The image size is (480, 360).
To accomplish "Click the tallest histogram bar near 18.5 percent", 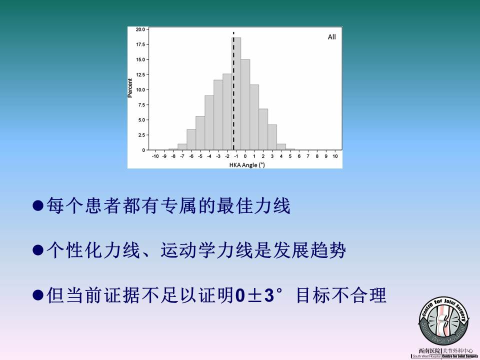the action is [x=236, y=93].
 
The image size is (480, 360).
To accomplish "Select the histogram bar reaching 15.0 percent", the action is [x=245, y=104].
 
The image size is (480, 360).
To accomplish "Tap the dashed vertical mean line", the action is [x=233, y=91].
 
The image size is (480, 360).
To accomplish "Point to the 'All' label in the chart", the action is [x=332, y=37].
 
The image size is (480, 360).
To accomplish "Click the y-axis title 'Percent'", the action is [x=130, y=88].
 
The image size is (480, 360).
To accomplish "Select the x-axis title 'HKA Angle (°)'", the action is [x=247, y=165].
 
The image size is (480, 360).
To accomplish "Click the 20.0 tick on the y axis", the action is [x=140, y=29].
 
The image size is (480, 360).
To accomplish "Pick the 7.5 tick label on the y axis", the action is [x=141, y=104].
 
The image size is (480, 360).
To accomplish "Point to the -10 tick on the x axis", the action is [x=155, y=156].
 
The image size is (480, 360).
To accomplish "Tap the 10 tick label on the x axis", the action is [x=335, y=156].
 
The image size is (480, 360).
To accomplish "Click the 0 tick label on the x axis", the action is [x=245, y=156].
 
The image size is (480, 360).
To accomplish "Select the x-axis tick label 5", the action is [x=290, y=156].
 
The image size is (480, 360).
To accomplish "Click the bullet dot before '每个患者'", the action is [x=38, y=205].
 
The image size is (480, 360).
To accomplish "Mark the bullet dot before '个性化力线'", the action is [x=38, y=250].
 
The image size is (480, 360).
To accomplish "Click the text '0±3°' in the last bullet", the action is [x=259, y=295].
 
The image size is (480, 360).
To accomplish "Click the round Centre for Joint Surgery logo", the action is [x=444, y=321].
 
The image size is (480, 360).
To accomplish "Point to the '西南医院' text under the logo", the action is [x=429, y=351].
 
